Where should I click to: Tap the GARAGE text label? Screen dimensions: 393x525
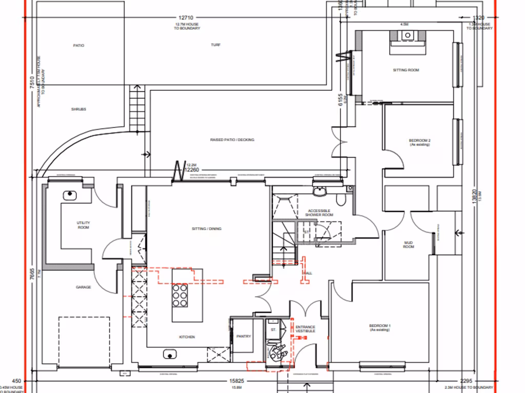(x=83, y=287)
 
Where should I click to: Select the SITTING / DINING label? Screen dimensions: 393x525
(x=207, y=229)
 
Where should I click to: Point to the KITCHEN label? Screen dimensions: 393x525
(x=187, y=337)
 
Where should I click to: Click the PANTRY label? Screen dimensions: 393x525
(x=244, y=336)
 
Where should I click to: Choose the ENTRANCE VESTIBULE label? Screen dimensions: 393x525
(x=305, y=329)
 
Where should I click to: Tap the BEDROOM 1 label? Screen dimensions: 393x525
(x=380, y=328)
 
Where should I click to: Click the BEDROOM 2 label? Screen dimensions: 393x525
(x=419, y=142)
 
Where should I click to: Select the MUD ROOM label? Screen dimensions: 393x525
(x=409, y=245)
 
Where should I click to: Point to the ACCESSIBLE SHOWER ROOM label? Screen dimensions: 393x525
(x=320, y=213)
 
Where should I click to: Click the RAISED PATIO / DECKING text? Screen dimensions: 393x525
(x=232, y=140)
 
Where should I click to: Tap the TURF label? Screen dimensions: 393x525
(x=216, y=45)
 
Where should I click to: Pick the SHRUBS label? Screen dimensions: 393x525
(x=79, y=109)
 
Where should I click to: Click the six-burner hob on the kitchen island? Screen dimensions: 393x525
(x=180, y=295)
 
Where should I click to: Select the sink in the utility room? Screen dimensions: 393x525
(x=69, y=195)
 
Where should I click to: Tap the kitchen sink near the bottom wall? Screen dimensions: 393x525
(x=169, y=354)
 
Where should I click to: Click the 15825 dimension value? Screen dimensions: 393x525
(x=236, y=381)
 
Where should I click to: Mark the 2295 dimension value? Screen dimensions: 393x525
(x=466, y=381)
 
